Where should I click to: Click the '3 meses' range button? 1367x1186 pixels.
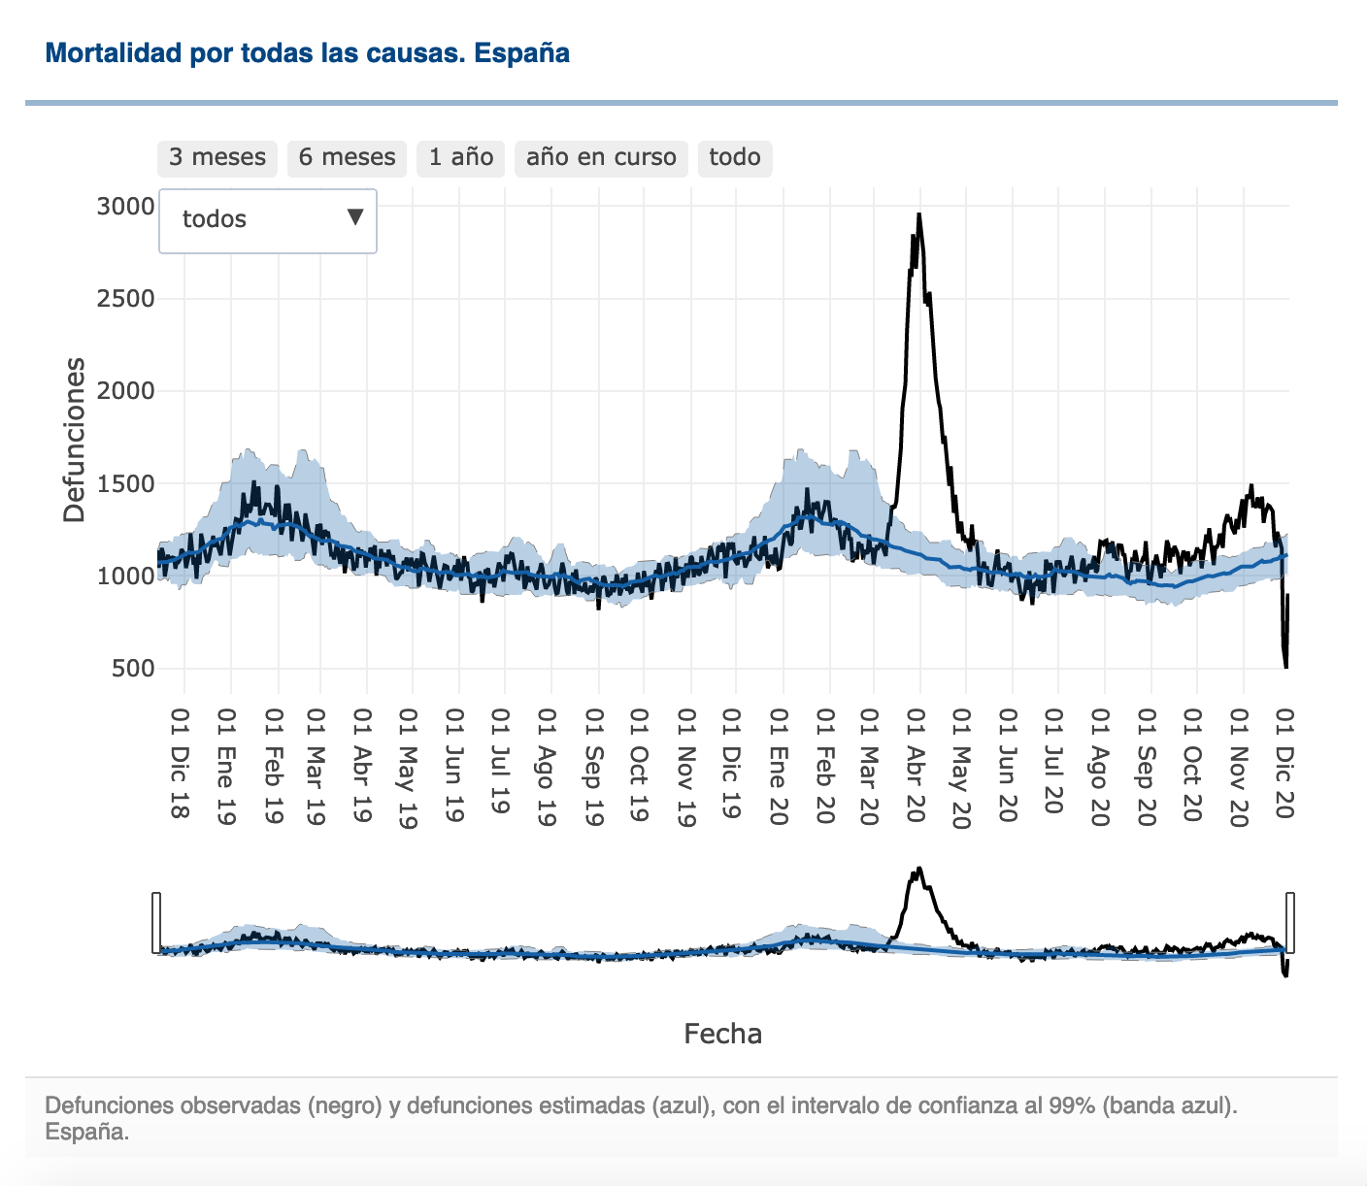[x=217, y=157]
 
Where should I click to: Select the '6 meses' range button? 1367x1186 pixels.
[x=347, y=157]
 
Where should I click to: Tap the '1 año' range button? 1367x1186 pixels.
[x=460, y=157]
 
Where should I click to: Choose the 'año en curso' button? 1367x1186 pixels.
[x=601, y=157]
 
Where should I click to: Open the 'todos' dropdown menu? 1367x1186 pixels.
[x=268, y=220]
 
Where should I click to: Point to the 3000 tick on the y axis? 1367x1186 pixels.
[x=126, y=206]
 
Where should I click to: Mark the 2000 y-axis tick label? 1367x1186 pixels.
[x=126, y=390]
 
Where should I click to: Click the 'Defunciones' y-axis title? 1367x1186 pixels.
[x=75, y=440]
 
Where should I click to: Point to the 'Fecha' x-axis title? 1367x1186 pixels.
[x=722, y=1034]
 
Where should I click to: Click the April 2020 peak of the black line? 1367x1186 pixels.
[x=918, y=215]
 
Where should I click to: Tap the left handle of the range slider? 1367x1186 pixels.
[x=155, y=922]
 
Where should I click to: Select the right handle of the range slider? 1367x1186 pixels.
[x=1290, y=922]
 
